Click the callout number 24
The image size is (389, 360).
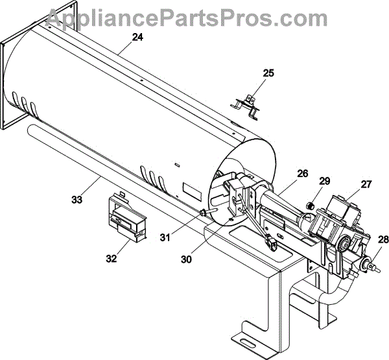click(x=137, y=38)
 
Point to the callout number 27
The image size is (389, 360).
click(x=366, y=184)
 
